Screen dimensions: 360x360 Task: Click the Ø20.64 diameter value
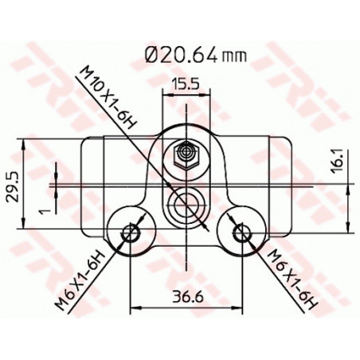(186, 55)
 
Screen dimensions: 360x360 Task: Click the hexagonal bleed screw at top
(184, 153)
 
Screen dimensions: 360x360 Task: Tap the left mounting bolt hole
(130, 232)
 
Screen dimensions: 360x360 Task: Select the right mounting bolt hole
(240, 232)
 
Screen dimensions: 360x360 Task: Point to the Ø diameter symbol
(153, 55)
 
